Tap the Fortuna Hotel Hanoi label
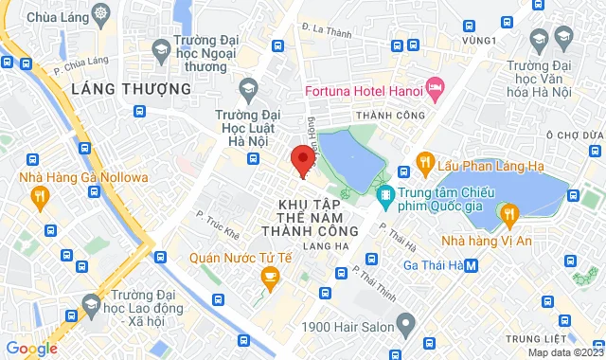(x=365, y=91)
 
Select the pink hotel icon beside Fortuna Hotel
(x=436, y=91)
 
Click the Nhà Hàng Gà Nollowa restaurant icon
(x=39, y=197)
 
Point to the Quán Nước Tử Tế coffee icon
(x=270, y=276)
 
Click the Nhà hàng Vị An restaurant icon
(x=510, y=214)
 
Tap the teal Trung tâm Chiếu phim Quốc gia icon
(x=384, y=196)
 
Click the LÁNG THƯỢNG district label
(x=131, y=88)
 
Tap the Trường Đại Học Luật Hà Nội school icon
(x=248, y=88)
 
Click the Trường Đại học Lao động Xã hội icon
(x=91, y=304)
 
